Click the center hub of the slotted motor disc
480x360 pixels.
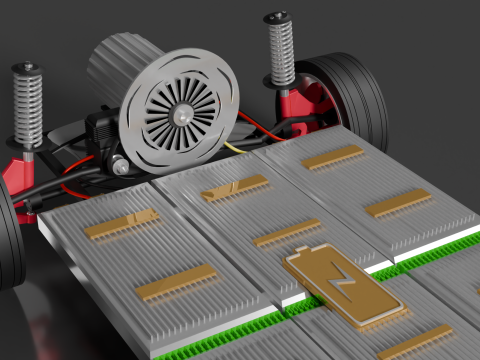coord(183,117)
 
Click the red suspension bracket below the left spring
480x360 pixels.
coord(20,175)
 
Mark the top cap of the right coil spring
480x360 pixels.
coord(277,17)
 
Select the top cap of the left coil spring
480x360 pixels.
coord(26,68)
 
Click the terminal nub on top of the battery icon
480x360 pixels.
coord(302,250)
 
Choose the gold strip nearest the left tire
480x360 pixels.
coord(121,224)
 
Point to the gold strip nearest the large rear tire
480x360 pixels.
coord(333,157)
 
